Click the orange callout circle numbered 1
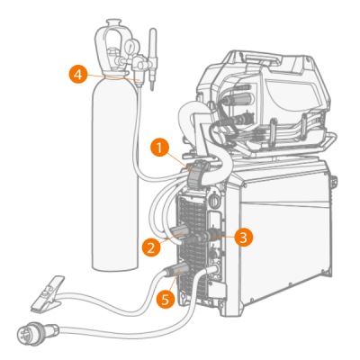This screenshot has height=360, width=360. point(159,148)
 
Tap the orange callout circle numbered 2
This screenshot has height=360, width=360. point(151,247)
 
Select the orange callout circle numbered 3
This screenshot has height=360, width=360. point(244,238)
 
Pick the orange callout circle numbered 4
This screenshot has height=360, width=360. point(78,74)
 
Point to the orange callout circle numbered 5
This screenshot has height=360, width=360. point(166,299)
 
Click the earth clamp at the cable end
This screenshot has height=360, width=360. point(48,294)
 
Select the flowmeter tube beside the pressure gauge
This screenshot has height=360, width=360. point(152,58)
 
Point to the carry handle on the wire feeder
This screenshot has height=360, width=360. point(260,59)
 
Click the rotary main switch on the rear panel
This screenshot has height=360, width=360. point(214,200)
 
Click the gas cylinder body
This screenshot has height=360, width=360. point(114,174)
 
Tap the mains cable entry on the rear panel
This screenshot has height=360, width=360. point(215,269)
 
